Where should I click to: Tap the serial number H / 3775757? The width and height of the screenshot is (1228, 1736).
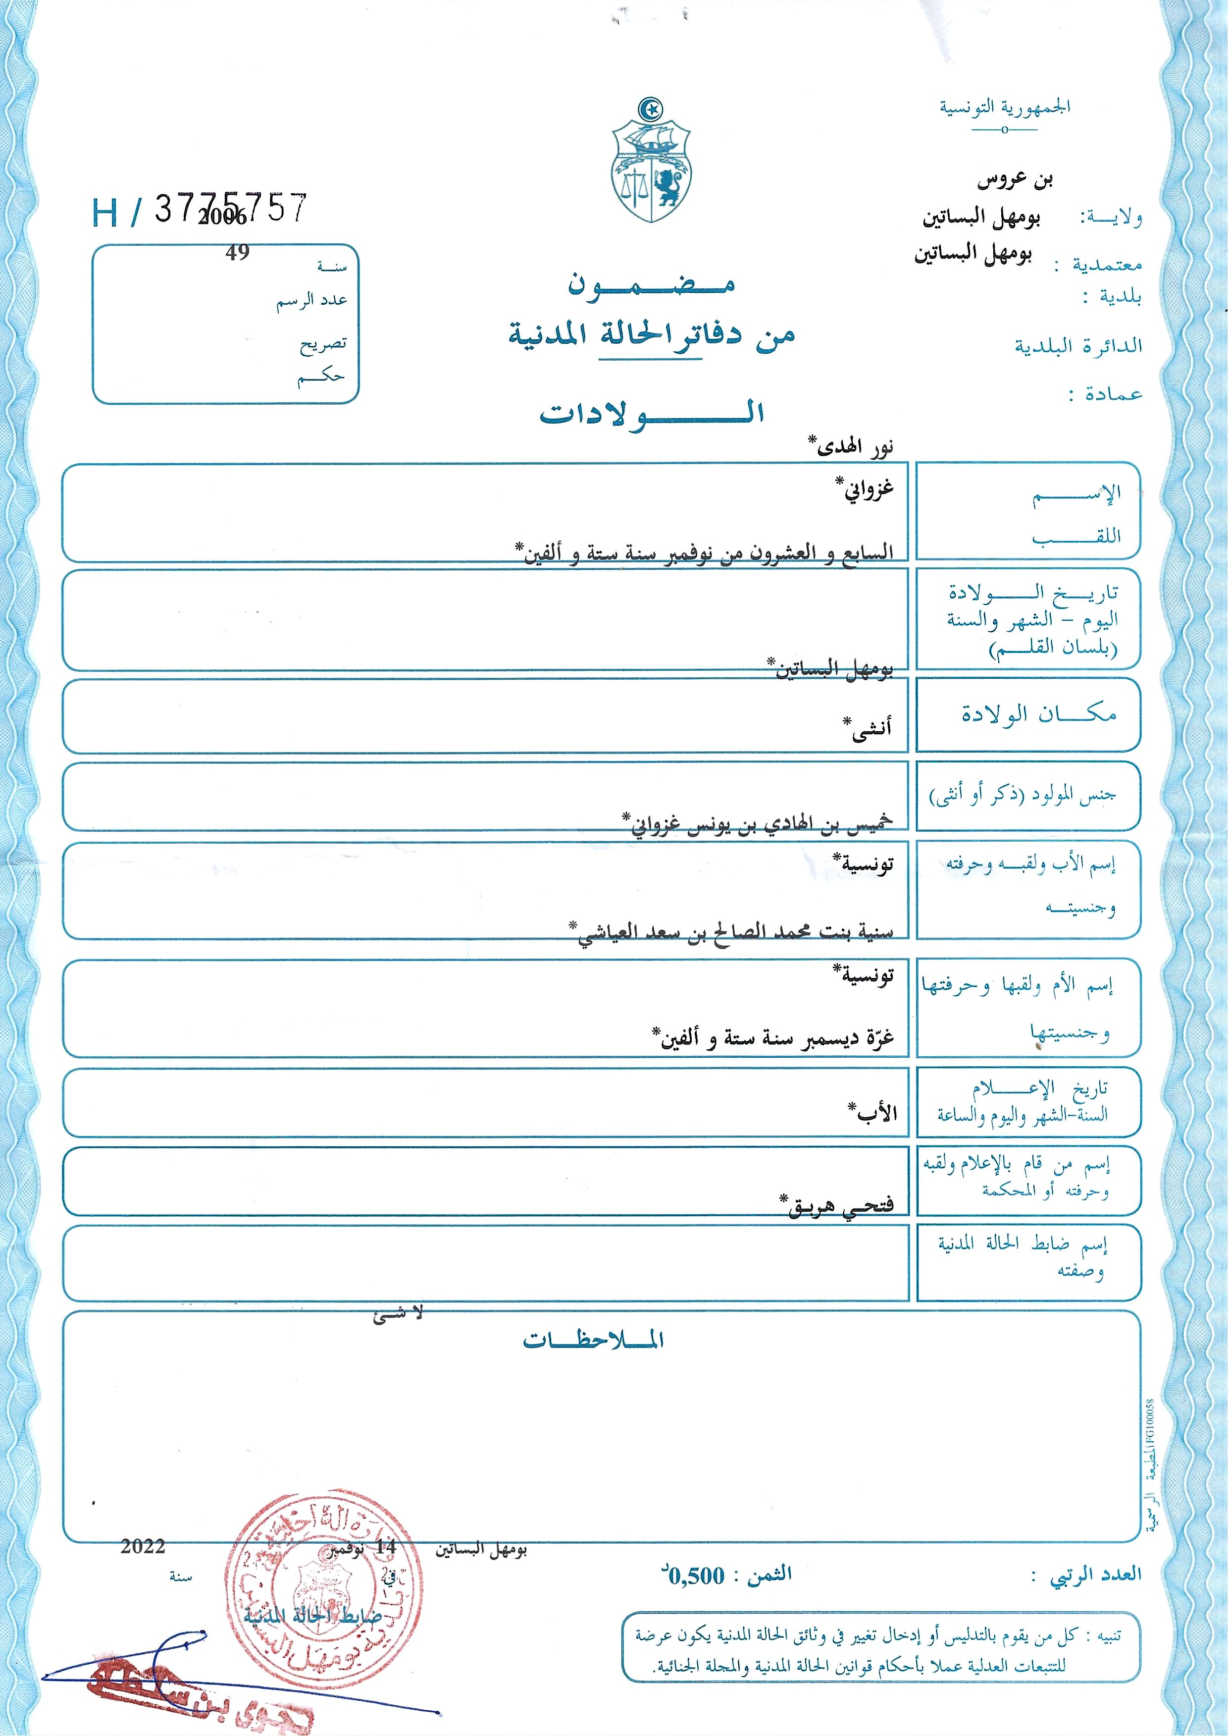click(200, 210)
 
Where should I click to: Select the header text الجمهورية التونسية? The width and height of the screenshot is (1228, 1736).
click(1004, 108)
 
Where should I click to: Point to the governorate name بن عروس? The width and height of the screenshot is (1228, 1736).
click(1015, 180)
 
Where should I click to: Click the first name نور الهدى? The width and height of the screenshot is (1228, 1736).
click(851, 446)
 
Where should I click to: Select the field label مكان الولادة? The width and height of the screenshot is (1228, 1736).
click(1038, 713)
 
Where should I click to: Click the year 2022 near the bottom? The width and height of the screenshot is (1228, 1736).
click(143, 1546)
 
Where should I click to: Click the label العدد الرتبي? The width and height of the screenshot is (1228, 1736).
click(1095, 1575)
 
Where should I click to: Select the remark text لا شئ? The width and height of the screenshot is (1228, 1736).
click(398, 1315)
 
